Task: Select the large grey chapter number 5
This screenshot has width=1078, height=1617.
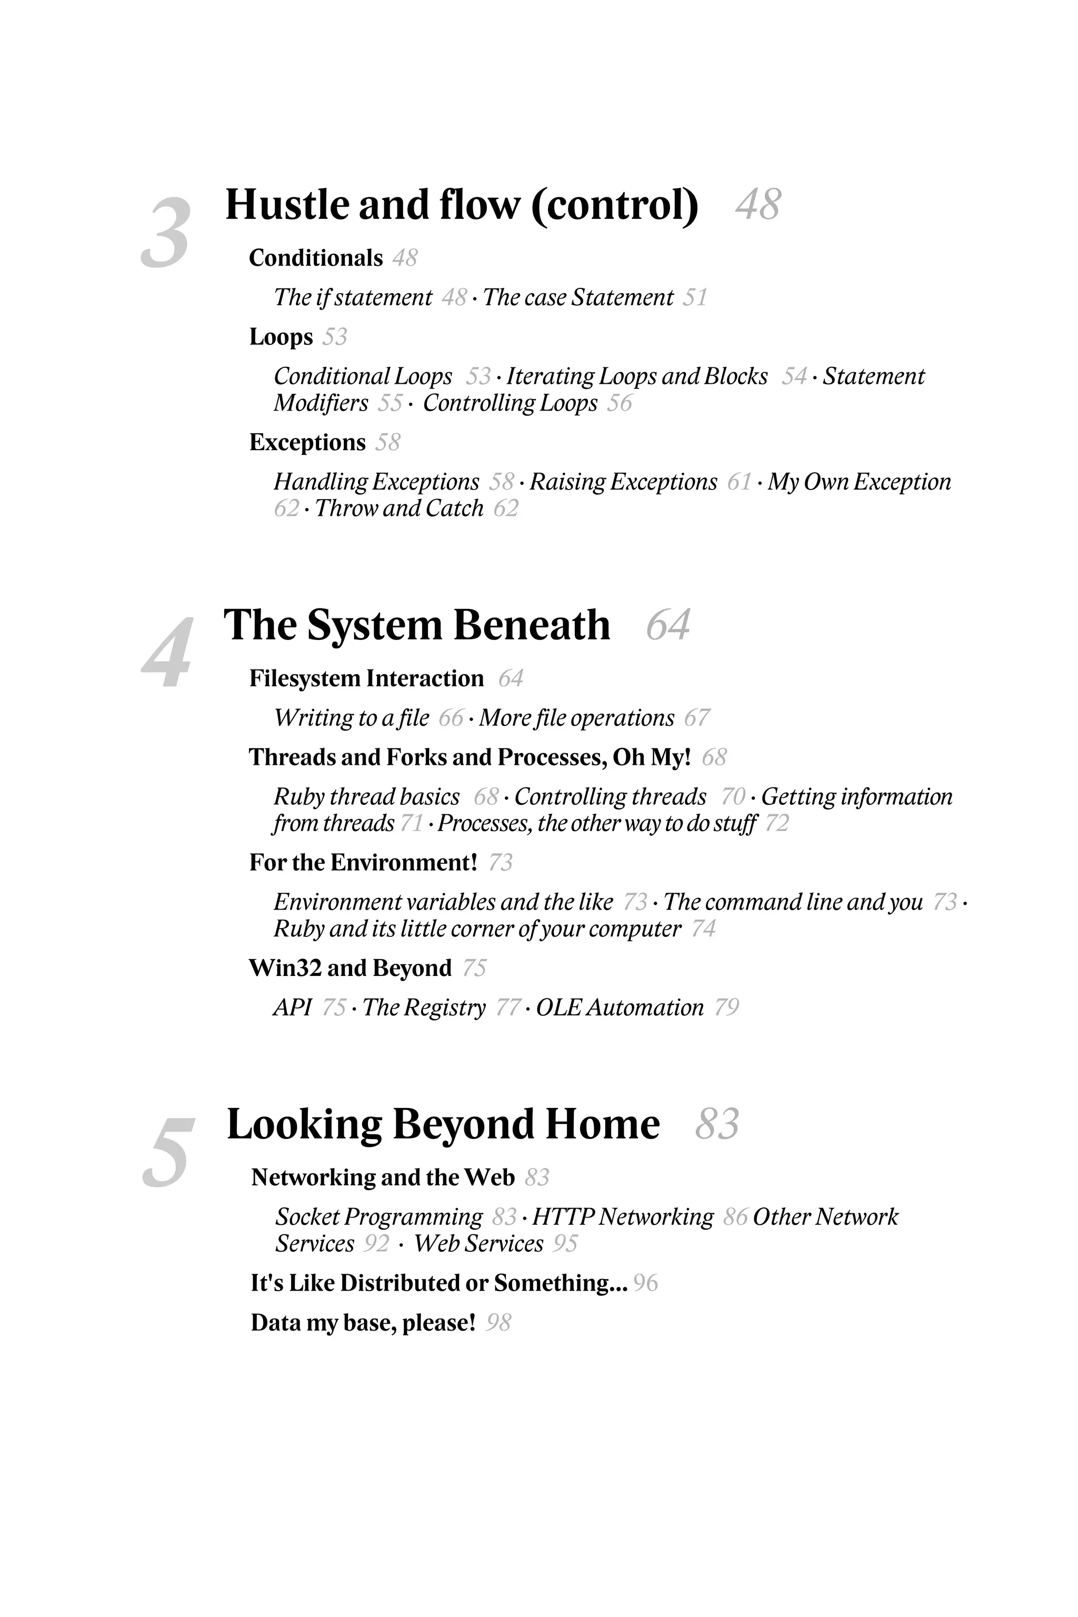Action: tap(168, 1153)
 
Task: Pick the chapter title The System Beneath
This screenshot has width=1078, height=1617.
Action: tap(417, 626)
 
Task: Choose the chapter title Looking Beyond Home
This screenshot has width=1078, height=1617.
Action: tap(443, 1125)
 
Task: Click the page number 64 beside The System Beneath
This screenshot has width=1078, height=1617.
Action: tap(667, 626)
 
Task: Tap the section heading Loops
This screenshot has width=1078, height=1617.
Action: tap(281, 337)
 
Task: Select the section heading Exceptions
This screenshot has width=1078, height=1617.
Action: tap(307, 443)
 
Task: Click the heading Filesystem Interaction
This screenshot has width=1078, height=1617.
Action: tap(366, 678)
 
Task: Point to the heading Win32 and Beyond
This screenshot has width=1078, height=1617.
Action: tap(350, 968)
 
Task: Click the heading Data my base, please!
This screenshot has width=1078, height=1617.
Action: tap(363, 1323)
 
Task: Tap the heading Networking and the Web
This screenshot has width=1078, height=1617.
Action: tap(383, 1177)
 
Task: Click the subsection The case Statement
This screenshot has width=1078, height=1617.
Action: tap(577, 298)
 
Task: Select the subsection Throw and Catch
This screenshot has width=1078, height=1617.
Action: tap(399, 509)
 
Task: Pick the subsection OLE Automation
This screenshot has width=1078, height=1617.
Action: tap(620, 1008)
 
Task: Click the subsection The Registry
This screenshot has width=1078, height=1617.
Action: tap(424, 1008)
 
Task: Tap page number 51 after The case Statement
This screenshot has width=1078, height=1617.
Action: tap(695, 298)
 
